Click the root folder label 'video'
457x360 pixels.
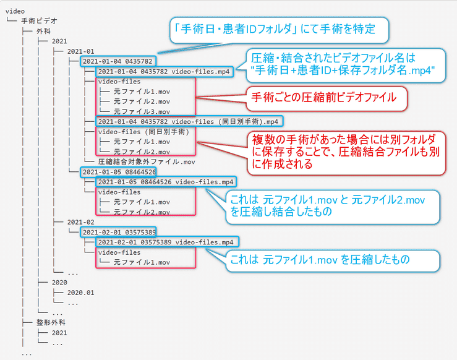(15, 11)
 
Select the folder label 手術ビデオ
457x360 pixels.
(39, 21)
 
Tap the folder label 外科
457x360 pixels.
(43, 31)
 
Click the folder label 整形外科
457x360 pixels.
(51, 322)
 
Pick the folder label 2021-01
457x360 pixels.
(81, 51)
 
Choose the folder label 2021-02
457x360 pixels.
(81, 222)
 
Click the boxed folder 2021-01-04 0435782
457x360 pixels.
(117, 61)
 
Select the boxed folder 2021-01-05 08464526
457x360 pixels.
(118, 172)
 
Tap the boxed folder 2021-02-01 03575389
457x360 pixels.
(118, 233)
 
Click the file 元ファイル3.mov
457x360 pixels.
(142, 111)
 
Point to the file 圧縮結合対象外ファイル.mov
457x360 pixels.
(147, 162)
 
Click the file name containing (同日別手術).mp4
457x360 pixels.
(189, 122)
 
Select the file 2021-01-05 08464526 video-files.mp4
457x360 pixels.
(166, 182)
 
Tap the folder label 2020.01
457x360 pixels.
(81, 293)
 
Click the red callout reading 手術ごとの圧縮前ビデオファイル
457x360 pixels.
(327, 98)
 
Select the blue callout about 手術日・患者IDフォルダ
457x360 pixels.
(279, 30)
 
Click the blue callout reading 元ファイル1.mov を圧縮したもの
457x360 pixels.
(333, 260)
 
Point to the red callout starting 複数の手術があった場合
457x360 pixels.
(346, 153)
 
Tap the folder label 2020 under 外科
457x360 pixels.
(59, 283)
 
